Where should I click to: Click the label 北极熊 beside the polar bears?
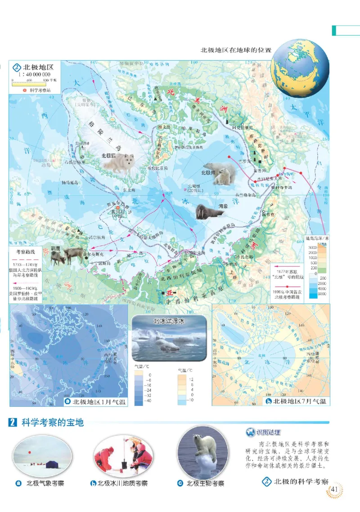click(x=209, y=172)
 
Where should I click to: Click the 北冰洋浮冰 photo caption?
click(x=169, y=321)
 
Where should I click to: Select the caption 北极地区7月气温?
click(x=300, y=401)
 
